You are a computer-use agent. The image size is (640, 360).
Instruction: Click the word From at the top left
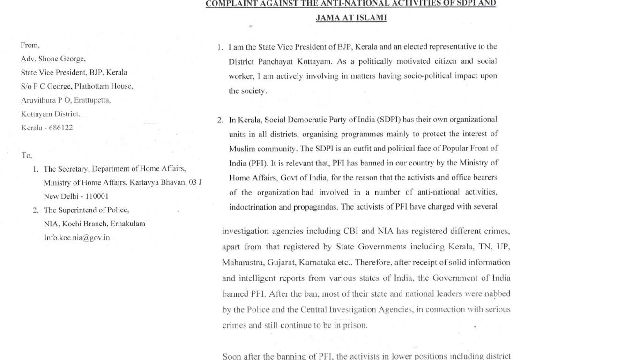click(30, 45)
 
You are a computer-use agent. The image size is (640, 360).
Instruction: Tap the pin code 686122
click(61, 127)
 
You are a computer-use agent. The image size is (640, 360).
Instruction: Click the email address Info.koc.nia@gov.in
click(77, 238)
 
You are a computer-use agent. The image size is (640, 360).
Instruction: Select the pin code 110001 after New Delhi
click(95, 196)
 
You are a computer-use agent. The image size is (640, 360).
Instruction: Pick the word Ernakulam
click(127, 224)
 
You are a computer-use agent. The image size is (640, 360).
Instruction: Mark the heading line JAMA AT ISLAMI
click(351, 18)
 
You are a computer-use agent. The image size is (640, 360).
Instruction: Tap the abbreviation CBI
click(351, 231)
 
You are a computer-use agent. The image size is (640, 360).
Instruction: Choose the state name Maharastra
click(243, 262)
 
